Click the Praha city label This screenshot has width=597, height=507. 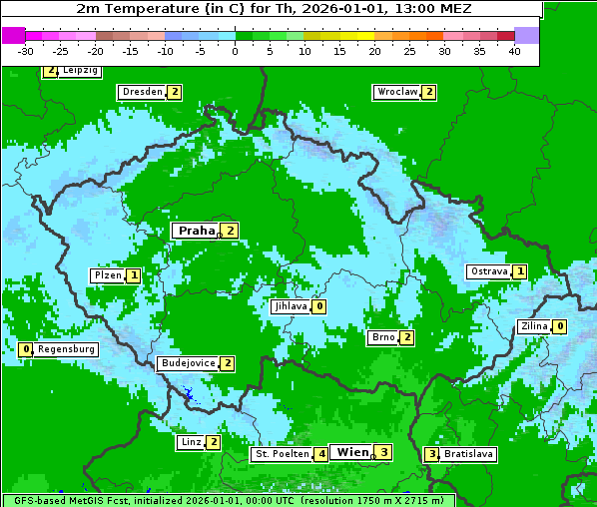(x=197, y=231)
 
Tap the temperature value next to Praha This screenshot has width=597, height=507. (x=231, y=231)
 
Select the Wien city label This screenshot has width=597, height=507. (x=353, y=452)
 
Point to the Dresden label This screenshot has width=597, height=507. (x=142, y=92)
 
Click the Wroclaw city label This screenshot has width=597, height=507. (x=396, y=92)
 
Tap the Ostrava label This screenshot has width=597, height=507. (x=489, y=271)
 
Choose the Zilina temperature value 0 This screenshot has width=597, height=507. (x=560, y=326)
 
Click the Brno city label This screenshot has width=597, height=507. (x=382, y=337)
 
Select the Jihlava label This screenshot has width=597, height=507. (x=290, y=306)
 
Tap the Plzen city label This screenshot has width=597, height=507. (x=107, y=275)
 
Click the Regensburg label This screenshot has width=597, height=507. (x=67, y=349)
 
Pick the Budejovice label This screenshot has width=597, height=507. (x=188, y=363)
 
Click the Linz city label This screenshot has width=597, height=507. (x=191, y=442)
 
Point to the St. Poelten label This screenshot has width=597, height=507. (x=282, y=454)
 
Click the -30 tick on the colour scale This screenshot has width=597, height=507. (x=26, y=51)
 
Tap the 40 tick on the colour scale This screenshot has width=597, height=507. (x=514, y=51)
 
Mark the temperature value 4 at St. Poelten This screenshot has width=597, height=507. (x=320, y=454)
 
